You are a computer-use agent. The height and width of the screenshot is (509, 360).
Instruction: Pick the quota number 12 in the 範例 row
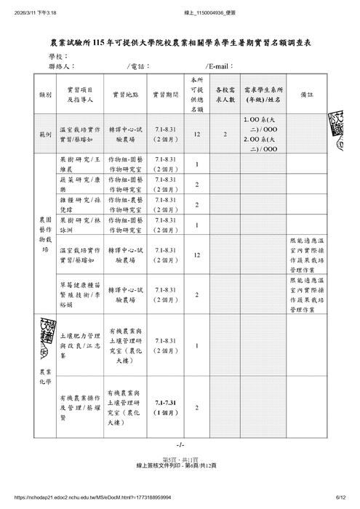pyautogui.click(x=197, y=134)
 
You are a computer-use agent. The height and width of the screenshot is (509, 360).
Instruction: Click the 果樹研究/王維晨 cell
pyautogui.click(x=80, y=164)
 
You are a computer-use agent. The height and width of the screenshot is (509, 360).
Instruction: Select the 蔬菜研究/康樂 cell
pyautogui.click(x=80, y=184)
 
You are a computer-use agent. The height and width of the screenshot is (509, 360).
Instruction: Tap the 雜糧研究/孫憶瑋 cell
pyautogui.click(x=80, y=204)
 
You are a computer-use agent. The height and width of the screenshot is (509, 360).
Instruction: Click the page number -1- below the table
pyautogui.click(x=180, y=444)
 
